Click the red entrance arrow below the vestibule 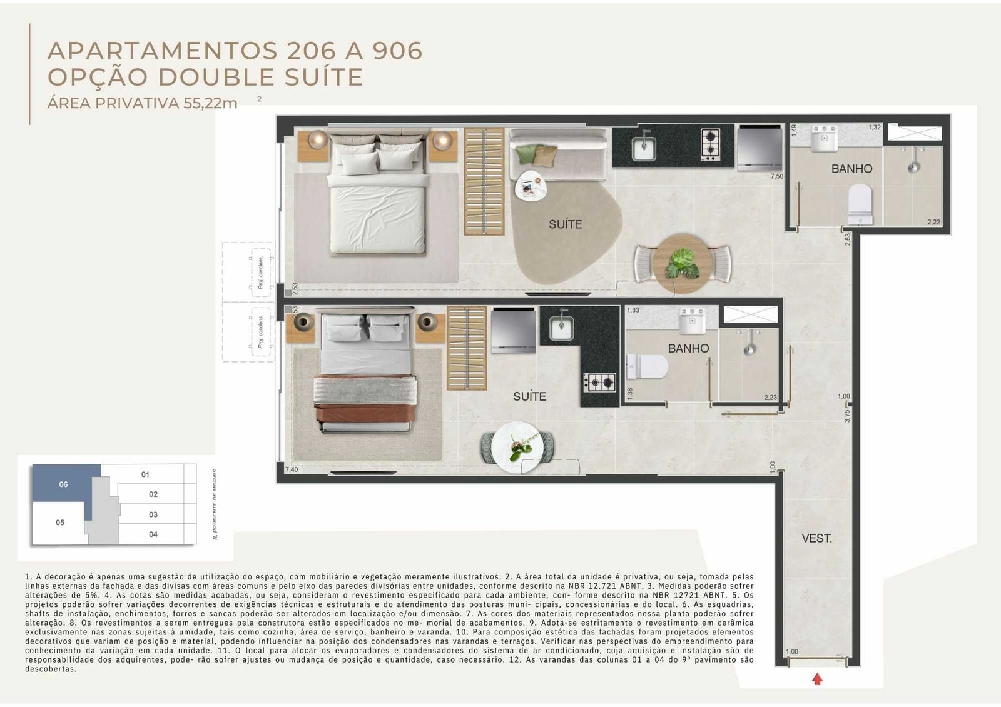click(x=817, y=679)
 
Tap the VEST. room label click(x=816, y=538)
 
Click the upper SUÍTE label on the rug click(x=565, y=224)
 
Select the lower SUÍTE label click(x=529, y=396)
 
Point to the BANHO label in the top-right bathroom click(x=851, y=169)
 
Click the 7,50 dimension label click(x=776, y=177)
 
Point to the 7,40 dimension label click(x=291, y=469)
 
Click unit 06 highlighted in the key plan click(x=63, y=484)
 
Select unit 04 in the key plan click(x=153, y=534)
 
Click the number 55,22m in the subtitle click(x=210, y=104)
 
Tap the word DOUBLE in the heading click(x=216, y=77)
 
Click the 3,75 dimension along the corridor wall click(x=847, y=416)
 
